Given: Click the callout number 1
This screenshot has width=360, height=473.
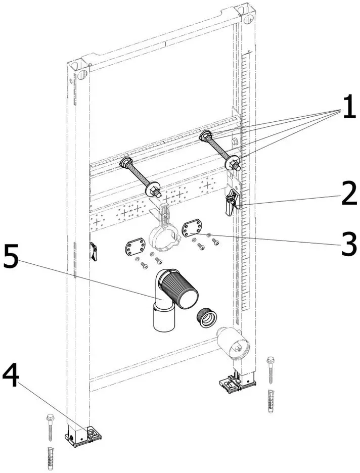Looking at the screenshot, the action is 349,106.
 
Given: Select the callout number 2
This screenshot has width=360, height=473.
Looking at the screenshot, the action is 349,193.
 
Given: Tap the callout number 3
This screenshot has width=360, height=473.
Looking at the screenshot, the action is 349,245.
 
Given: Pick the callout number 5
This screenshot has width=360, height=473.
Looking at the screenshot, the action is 11,256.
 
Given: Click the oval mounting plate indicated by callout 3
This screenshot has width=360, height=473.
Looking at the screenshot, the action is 191,229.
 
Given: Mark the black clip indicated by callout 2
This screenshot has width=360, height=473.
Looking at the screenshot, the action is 232,201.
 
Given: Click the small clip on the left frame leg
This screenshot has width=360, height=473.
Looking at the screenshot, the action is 93,251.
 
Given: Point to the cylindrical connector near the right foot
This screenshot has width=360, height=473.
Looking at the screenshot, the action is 233,343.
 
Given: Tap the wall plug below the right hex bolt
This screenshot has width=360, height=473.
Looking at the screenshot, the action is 271,401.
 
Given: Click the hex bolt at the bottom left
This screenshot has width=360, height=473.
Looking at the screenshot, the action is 50,429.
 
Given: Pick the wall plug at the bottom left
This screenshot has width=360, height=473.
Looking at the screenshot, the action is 51,458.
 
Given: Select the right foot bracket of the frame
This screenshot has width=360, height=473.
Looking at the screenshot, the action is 237,383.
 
